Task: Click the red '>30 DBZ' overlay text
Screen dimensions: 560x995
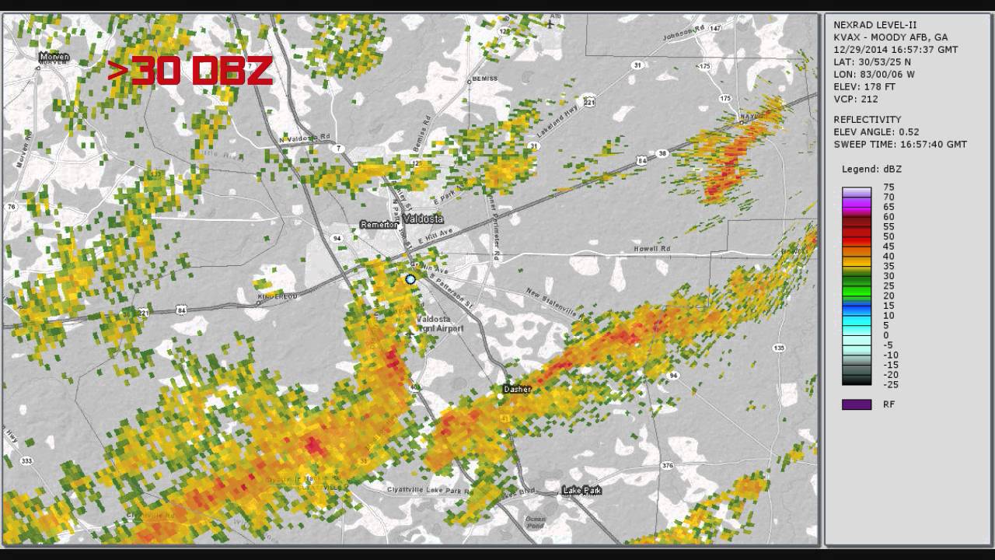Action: pos(190,71)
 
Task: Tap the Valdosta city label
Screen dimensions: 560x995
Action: pos(423,219)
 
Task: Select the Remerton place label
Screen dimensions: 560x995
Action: pos(379,225)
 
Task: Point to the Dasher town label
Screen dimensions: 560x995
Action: pos(517,389)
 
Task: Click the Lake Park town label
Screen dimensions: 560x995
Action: pos(582,491)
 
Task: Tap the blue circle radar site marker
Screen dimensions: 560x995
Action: pos(410,279)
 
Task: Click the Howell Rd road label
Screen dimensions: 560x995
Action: pos(651,249)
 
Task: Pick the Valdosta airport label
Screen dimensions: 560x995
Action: pos(439,324)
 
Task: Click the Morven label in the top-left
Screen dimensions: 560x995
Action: pos(54,57)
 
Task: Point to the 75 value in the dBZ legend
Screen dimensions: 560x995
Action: pos(889,187)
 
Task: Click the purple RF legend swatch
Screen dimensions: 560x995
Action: pos(857,404)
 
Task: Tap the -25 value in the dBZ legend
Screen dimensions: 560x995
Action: pos(891,384)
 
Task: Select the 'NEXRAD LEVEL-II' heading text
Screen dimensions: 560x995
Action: pos(875,25)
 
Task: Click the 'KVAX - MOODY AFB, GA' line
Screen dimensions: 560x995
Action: pos(890,37)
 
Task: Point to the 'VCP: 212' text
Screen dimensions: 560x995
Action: pos(856,99)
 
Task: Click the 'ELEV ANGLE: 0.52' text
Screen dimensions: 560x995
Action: pos(876,132)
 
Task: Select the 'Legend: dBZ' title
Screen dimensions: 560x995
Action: pos(871,169)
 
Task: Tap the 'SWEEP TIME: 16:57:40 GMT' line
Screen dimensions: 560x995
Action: pos(900,145)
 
